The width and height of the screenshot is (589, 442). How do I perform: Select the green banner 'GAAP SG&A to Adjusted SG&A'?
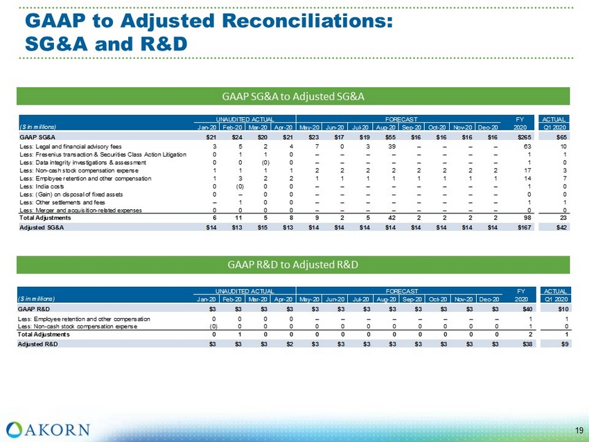pyautogui.click(x=294, y=95)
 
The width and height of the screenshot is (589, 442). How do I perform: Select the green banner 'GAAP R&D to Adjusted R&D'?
pyautogui.click(x=294, y=264)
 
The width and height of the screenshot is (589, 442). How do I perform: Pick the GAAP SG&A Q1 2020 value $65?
pyautogui.click(x=562, y=138)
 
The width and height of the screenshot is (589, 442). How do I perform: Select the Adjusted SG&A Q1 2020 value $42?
pyautogui.click(x=562, y=228)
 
